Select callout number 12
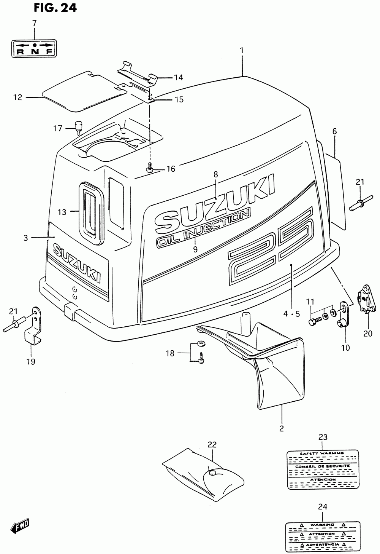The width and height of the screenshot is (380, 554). point(18,97)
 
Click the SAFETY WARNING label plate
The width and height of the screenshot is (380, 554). point(322,469)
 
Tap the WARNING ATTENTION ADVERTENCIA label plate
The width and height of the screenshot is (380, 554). point(322,535)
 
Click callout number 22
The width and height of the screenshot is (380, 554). point(212,444)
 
